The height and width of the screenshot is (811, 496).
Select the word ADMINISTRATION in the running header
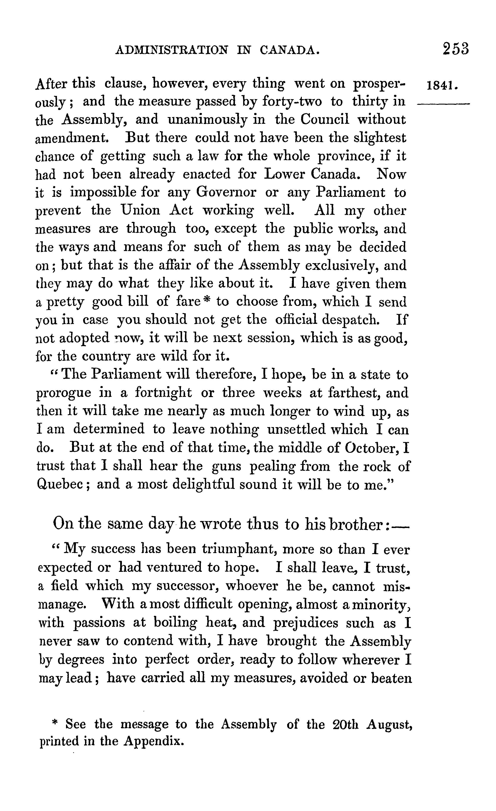tap(172, 50)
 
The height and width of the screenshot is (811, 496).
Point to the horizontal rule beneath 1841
tap(443, 104)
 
